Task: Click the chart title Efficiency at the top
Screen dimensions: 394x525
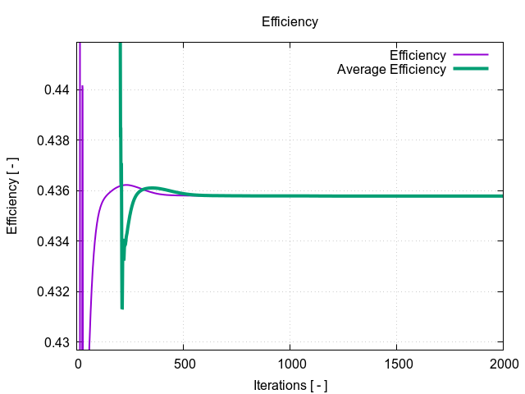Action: pyautogui.click(x=290, y=22)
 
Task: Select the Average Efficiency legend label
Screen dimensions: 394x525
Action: pyautogui.click(x=391, y=70)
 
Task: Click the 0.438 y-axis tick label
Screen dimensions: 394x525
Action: pyautogui.click(x=52, y=140)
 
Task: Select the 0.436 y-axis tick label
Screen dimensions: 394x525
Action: pyautogui.click(x=52, y=190)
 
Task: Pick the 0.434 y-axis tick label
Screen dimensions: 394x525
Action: pyautogui.click(x=52, y=241)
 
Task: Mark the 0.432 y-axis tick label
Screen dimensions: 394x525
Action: pyautogui.click(x=52, y=291)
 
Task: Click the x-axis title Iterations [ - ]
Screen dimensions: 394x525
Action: pyautogui.click(x=290, y=384)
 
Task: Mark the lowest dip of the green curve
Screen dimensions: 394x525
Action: pyautogui.click(x=122, y=308)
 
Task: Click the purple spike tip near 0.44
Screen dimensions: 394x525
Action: pyautogui.click(x=82, y=86)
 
